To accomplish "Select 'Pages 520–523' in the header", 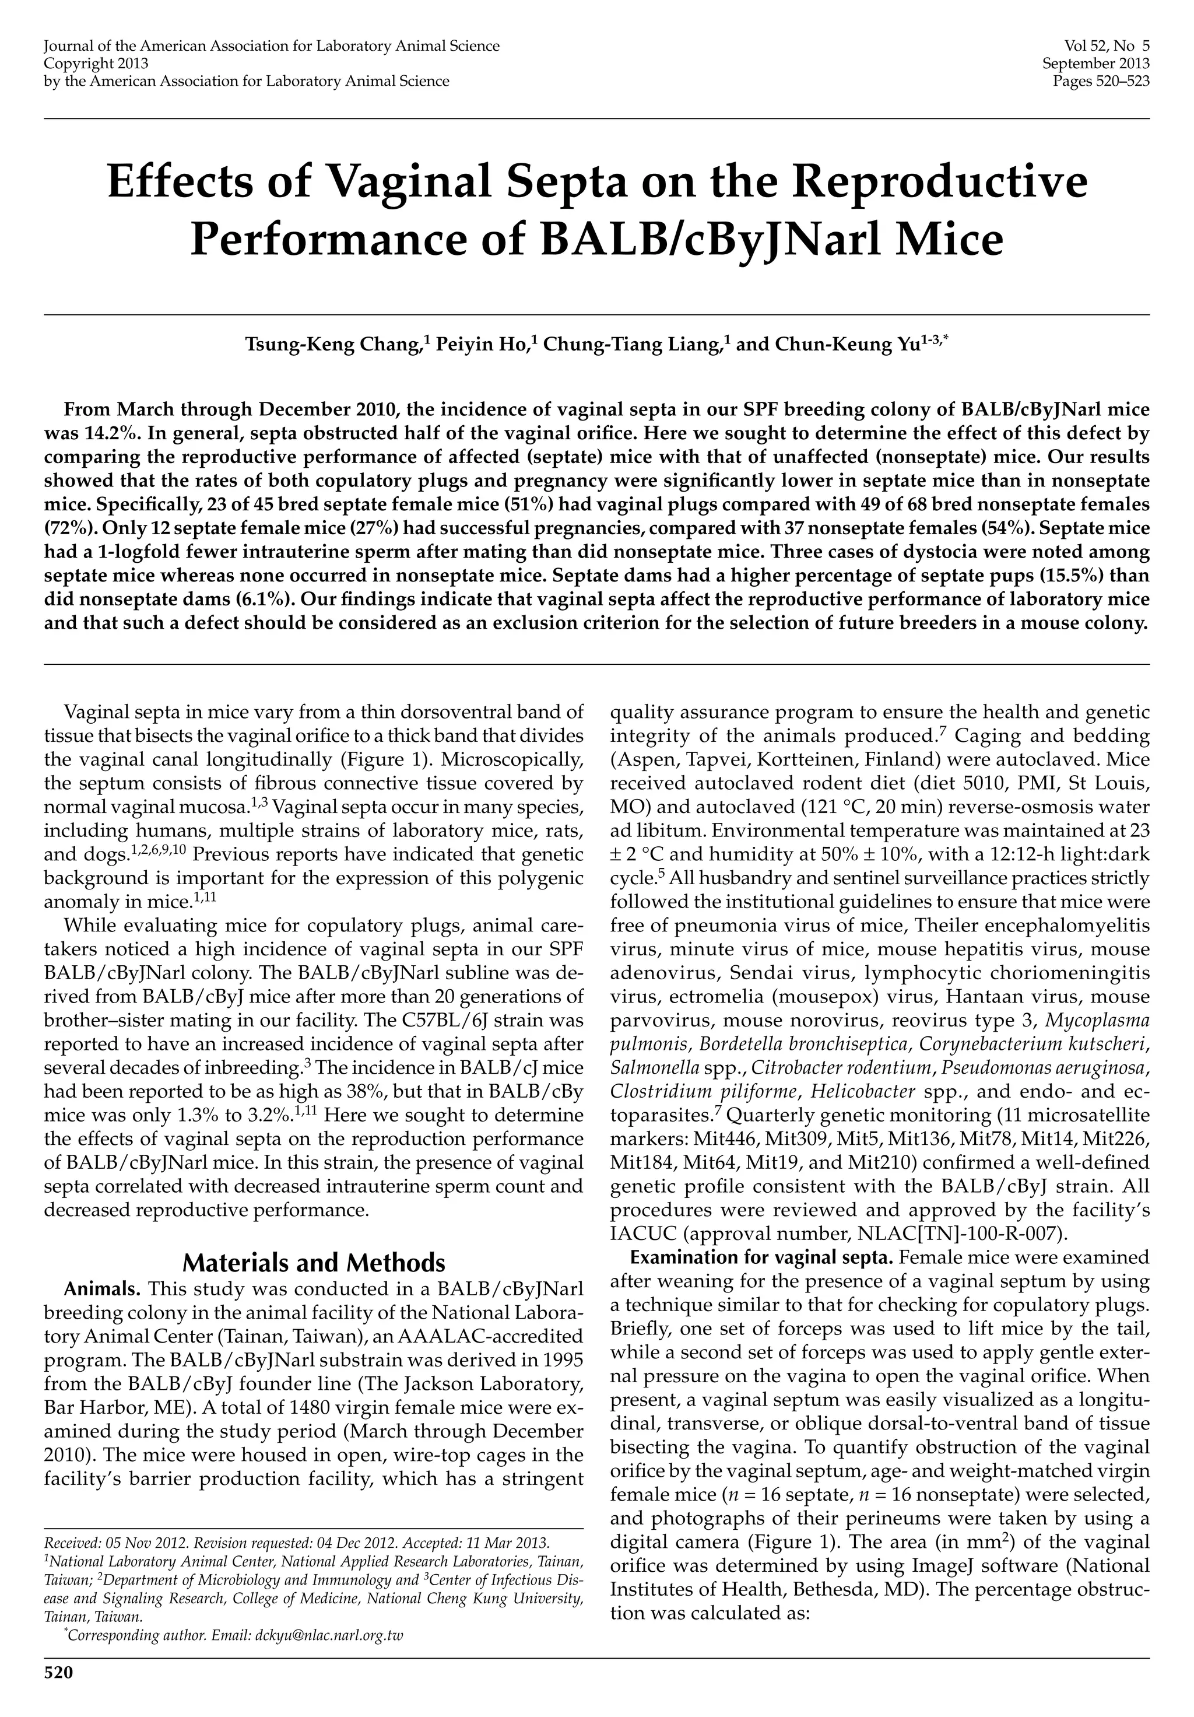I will coord(1101,80).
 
